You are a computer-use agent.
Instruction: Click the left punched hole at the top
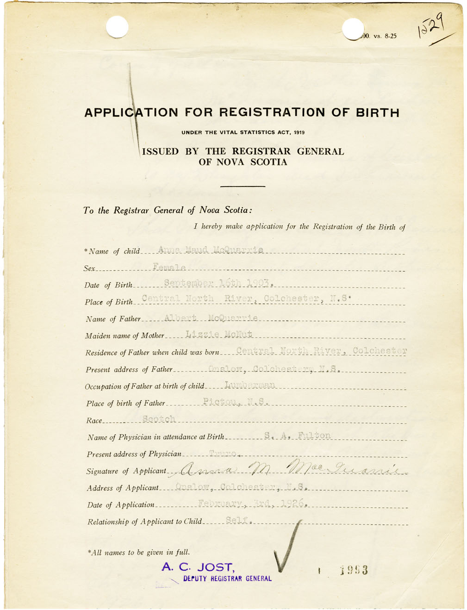(x=117, y=27)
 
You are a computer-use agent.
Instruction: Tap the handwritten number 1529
(x=431, y=26)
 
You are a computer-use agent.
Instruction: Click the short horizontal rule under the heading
(x=243, y=186)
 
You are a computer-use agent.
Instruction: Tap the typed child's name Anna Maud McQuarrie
(x=211, y=250)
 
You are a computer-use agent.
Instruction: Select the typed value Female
(x=169, y=267)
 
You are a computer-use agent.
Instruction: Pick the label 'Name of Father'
(x=113, y=319)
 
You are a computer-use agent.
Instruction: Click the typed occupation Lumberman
(x=250, y=385)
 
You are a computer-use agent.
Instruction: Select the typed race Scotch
(x=159, y=419)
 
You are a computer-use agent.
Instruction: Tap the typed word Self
(x=238, y=520)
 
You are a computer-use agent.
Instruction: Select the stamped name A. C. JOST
(x=198, y=566)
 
